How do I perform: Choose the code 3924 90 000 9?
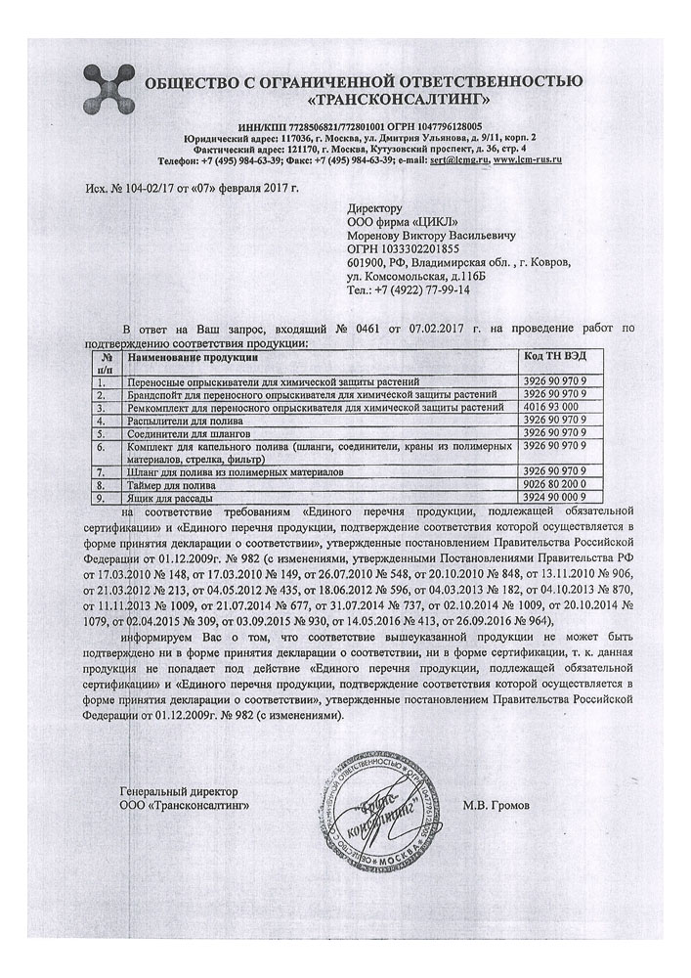click(558, 498)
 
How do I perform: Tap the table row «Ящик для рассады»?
click(158, 498)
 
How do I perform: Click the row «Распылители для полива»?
click(173, 419)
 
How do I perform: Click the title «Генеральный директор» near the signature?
click(178, 790)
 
